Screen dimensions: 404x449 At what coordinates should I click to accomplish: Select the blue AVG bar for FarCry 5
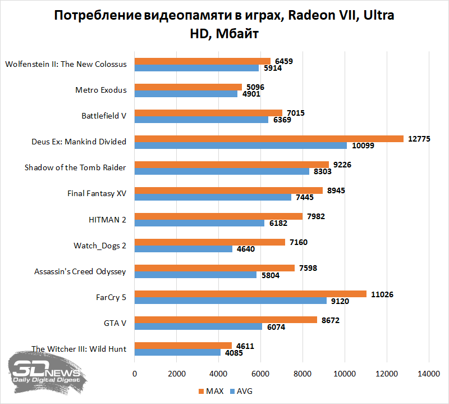pos(230,301)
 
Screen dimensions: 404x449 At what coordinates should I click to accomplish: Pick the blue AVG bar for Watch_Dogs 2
pos(183,249)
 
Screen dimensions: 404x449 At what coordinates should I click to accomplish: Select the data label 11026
pos(383,294)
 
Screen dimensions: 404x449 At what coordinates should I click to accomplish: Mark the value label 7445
pos(308,197)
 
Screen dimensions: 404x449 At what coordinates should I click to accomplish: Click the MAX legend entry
pos(210,391)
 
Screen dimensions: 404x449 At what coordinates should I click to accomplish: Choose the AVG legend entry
pos(241,391)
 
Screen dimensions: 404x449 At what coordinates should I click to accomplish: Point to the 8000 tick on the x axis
pos(303,374)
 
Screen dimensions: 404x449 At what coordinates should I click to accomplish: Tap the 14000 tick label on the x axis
pos(429,374)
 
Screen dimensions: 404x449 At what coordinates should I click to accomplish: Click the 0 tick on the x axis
pos(135,374)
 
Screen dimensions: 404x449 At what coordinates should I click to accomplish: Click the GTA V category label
pos(115,323)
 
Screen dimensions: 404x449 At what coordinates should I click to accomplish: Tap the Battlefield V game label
pos(104,116)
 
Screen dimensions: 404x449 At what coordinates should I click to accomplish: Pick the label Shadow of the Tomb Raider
pos(75,168)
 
